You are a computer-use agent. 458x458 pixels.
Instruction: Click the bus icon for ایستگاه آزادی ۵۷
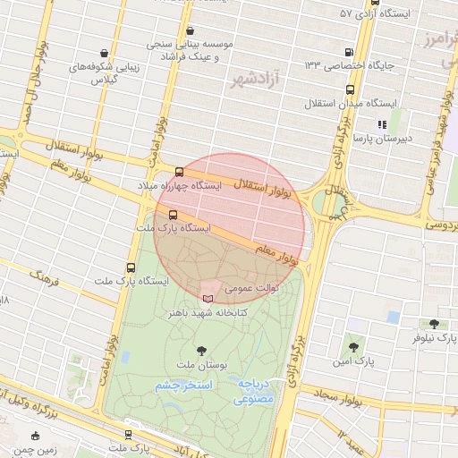coord(348,14)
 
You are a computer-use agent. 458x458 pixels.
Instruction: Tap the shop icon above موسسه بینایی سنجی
coord(190,30)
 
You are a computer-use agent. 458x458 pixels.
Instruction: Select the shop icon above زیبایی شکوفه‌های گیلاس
coord(105,52)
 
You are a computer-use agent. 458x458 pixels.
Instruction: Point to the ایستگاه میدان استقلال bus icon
coord(349,90)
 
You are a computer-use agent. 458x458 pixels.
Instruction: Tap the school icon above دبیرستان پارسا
coord(382,125)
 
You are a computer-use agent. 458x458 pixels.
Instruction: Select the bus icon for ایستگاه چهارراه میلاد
coord(180,171)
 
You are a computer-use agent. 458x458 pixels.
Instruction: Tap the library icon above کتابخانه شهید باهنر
coord(208,298)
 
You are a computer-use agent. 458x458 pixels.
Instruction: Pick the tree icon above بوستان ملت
coord(200,351)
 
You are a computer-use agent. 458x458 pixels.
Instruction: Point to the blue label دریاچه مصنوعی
coord(255,390)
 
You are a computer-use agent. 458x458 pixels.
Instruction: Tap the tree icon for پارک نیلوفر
coord(435,324)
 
